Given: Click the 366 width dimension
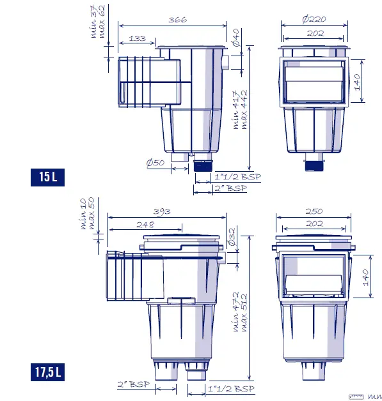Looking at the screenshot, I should click(177, 20).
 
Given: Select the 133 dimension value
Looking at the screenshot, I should click(136, 39).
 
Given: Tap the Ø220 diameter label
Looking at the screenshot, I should click(314, 19).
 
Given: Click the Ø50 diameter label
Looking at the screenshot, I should click(155, 163).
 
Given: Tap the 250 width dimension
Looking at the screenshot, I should click(314, 211).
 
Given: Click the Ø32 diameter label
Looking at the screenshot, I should click(232, 236).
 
